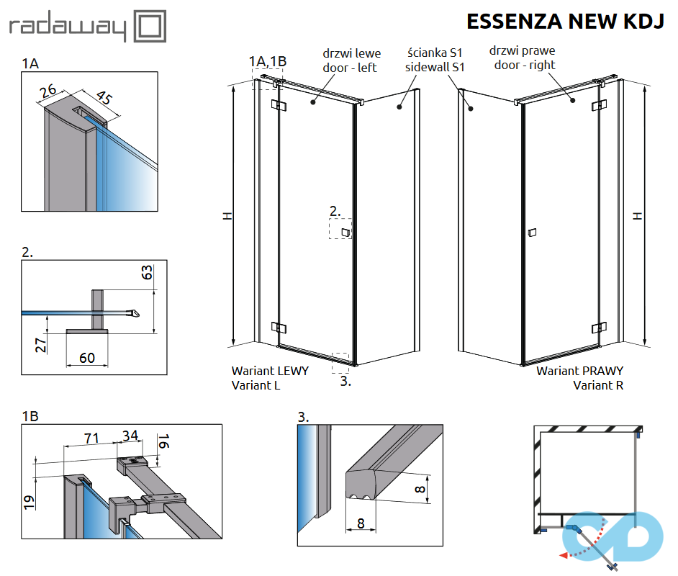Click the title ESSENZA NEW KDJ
coord(564,22)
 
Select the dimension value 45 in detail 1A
coord(104,97)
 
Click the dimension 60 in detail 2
coord(87,358)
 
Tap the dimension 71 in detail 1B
coord(91,436)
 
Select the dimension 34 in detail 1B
coord(130,436)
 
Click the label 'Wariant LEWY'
coord(270,371)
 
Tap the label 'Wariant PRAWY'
coord(579,371)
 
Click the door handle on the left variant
coord(346,232)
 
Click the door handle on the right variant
coord(532,233)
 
